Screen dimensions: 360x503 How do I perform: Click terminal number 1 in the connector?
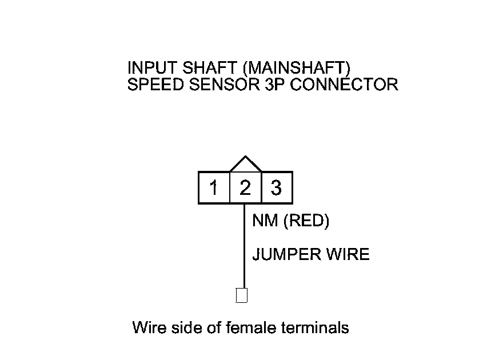pos(214,187)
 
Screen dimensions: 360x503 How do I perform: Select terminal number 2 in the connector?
pos(245,187)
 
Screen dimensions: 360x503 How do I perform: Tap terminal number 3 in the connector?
pos(277,187)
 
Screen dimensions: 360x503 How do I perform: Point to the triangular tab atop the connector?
pos(245,165)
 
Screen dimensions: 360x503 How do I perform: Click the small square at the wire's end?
pos(242,295)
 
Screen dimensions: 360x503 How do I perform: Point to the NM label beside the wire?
pos(265,221)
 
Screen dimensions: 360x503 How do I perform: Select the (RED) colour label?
pos(306,221)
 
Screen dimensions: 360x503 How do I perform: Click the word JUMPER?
pos(286,254)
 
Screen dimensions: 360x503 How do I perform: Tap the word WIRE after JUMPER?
pos(348,254)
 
